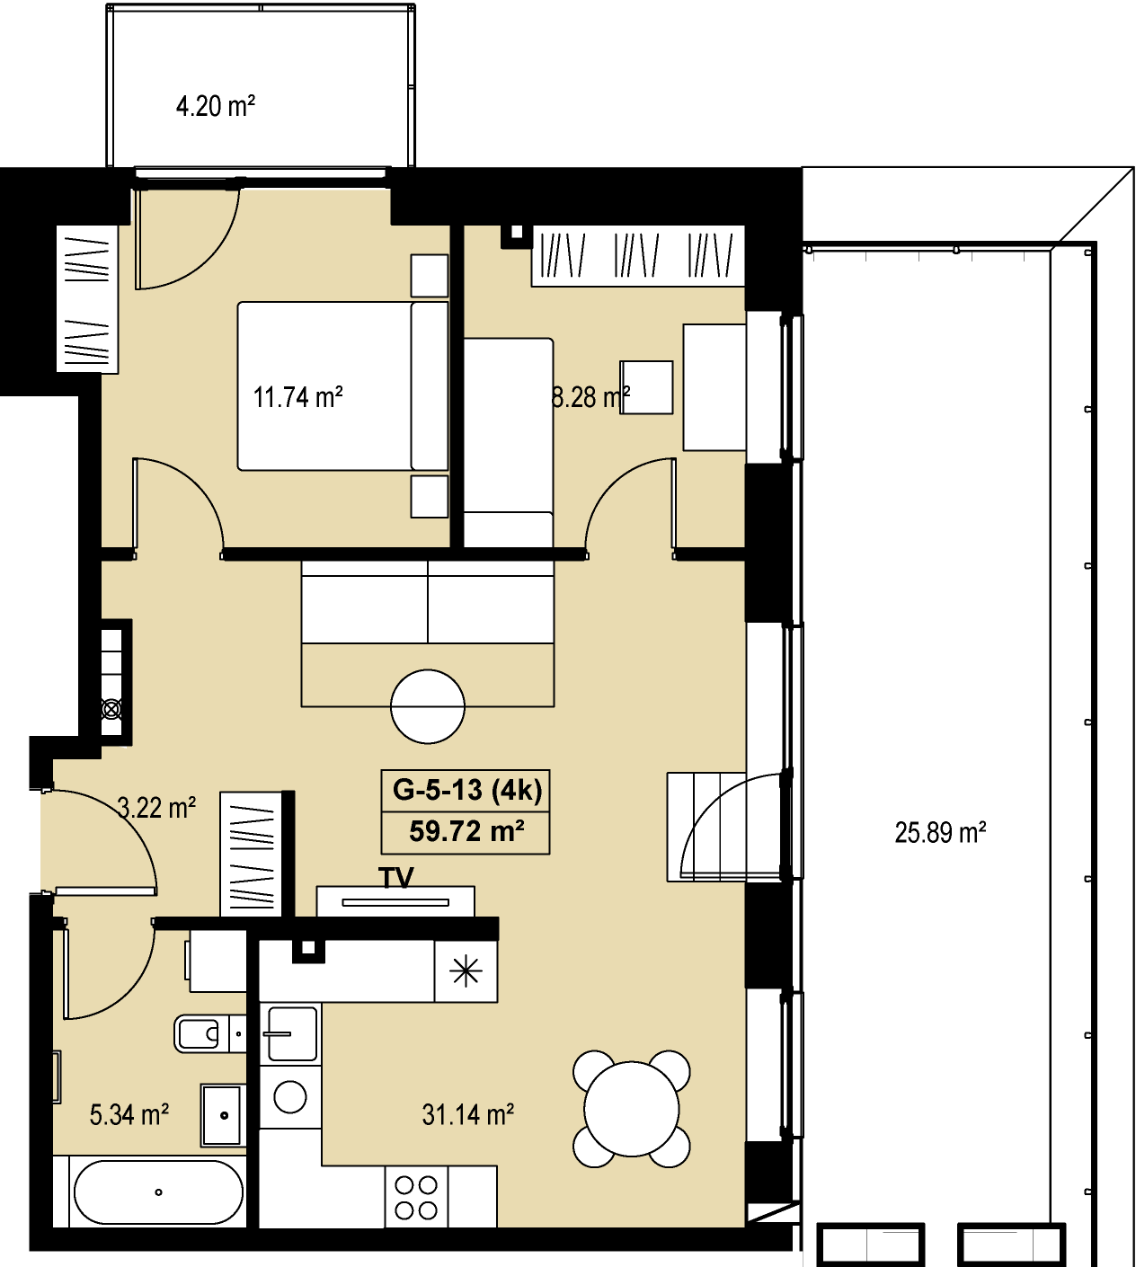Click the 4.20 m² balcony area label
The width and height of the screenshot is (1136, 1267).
[x=215, y=106]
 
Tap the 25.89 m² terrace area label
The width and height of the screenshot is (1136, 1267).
[x=940, y=833]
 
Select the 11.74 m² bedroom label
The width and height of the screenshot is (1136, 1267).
[x=297, y=398]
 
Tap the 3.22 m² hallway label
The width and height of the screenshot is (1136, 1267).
[x=156, y=808]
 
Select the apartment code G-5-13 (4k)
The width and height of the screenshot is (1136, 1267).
[x=466, y=791]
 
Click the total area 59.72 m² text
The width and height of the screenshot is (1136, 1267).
[x=466, y=832]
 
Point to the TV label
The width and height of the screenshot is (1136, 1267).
[x=396, y=878]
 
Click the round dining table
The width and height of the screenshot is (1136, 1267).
[x=631, y=1110]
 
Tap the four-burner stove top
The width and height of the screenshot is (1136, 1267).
[x=416, y=1198]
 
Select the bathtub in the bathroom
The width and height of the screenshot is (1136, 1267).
[x=158, y=1192]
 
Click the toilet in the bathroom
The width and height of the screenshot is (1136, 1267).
[x=201, y=1033]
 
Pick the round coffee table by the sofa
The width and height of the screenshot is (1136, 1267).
[x=428, y=706]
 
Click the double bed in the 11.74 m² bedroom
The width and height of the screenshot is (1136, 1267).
[x=342, y=385]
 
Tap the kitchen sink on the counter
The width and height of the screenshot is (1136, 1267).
[x=291, y=1033]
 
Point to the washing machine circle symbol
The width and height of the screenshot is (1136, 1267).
[x=290, y=1097]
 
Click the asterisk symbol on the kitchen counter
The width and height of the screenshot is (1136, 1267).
[x=466, y=972]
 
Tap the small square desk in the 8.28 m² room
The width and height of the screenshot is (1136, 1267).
[x=647, y=387]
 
